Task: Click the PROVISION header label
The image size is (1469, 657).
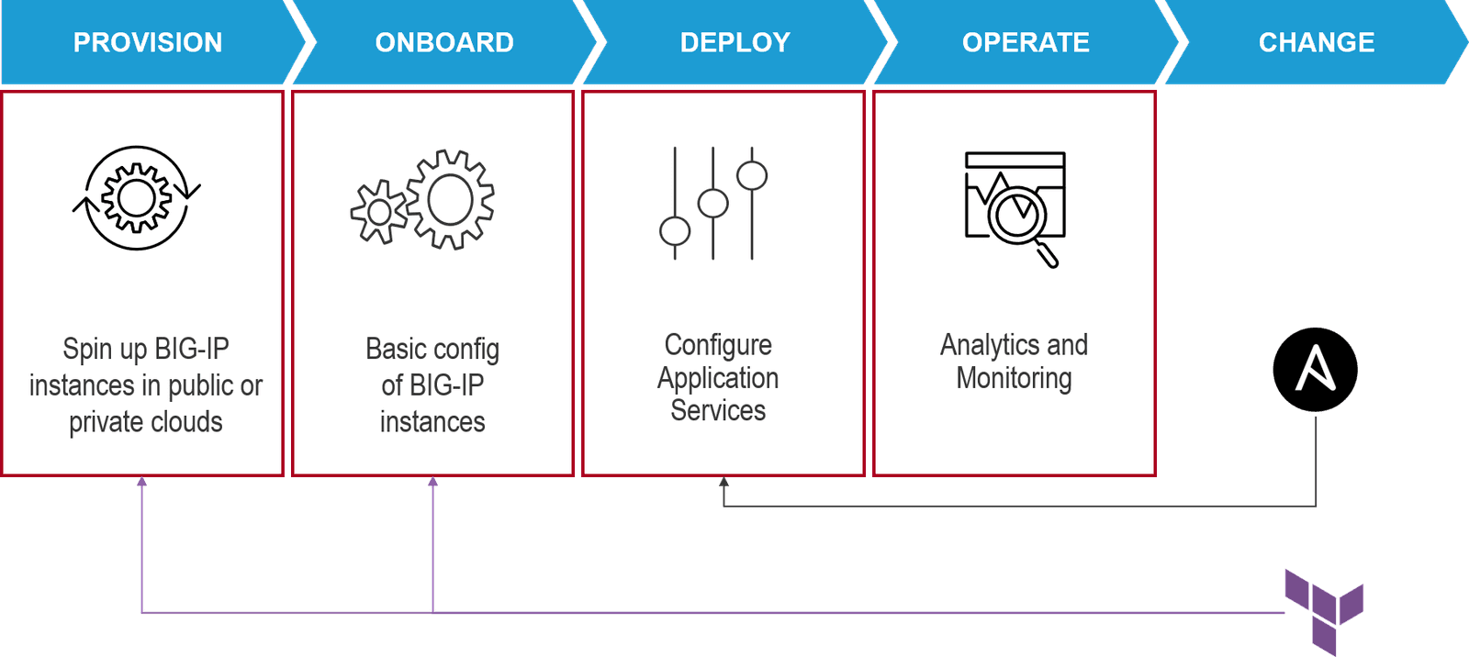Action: coord(148,42)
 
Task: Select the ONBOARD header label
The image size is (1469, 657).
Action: coord(444,42)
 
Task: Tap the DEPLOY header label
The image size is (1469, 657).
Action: coord(734,42)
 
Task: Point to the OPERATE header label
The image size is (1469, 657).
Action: coord(1026,42)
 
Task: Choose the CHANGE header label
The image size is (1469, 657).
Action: coord(1317,42)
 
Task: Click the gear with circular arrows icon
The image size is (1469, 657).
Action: coord(137,197)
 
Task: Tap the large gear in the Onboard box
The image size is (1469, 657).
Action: coord(450,199)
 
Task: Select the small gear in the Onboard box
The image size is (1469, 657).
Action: coord(378,212)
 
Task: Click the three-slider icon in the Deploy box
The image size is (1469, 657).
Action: coord(713,203)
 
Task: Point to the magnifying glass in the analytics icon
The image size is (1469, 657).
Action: coord(1019,217)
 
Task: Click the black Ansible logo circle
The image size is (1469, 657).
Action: coord(1315,370)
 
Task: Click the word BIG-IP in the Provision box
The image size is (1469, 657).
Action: coord(191,349)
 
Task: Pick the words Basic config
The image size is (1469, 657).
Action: coord(432,349)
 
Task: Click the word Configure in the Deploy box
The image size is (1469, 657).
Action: coord(718,345)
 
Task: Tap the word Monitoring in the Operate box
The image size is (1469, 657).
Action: coord(1014,378)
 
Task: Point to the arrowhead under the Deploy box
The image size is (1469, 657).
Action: coord(723,482)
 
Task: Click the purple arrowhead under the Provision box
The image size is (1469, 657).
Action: coord(142,481)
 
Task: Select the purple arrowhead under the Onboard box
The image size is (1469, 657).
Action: coord(433,481)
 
